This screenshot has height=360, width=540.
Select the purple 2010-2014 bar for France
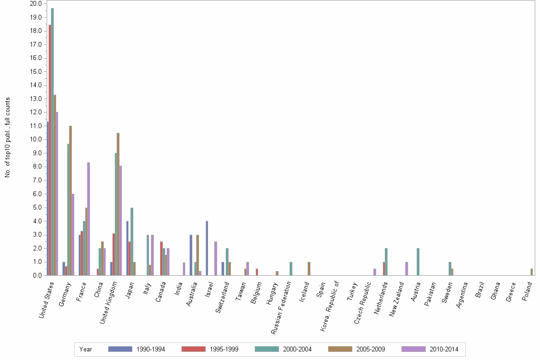[89, 219]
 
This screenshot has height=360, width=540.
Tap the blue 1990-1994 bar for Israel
[207, 248]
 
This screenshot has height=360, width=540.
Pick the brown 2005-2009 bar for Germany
[70, 200]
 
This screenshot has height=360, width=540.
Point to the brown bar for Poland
[531, 272]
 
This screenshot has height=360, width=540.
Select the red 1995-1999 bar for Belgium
[257, 272]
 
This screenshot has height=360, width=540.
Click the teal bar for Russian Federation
[291, 269]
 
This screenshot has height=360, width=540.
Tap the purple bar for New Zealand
[407, 269]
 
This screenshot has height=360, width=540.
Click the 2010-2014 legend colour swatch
[413, 349]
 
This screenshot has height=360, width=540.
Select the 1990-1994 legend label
[150, 349]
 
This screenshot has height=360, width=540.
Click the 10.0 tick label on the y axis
[35, 140]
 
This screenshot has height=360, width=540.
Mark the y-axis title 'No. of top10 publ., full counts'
[8, 138]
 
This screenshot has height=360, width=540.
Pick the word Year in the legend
[86, 349]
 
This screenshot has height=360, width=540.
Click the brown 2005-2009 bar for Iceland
[309, 269]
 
